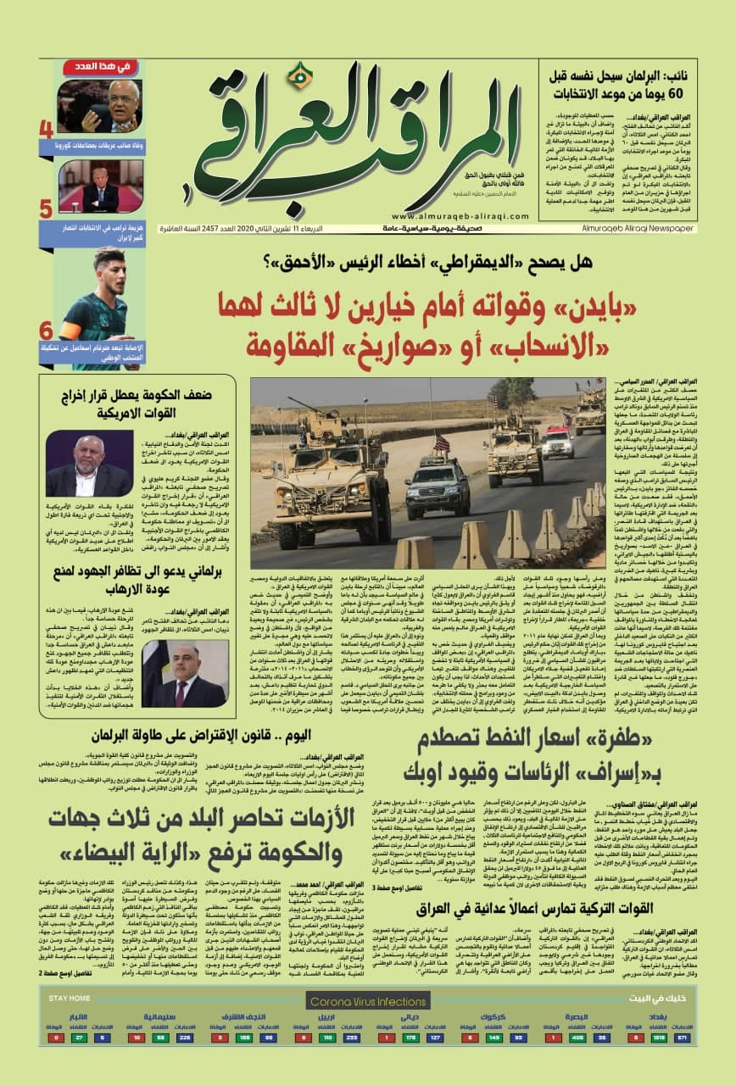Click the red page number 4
click(46, 130)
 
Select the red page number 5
click(46, 209)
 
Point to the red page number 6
click(46, 331)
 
